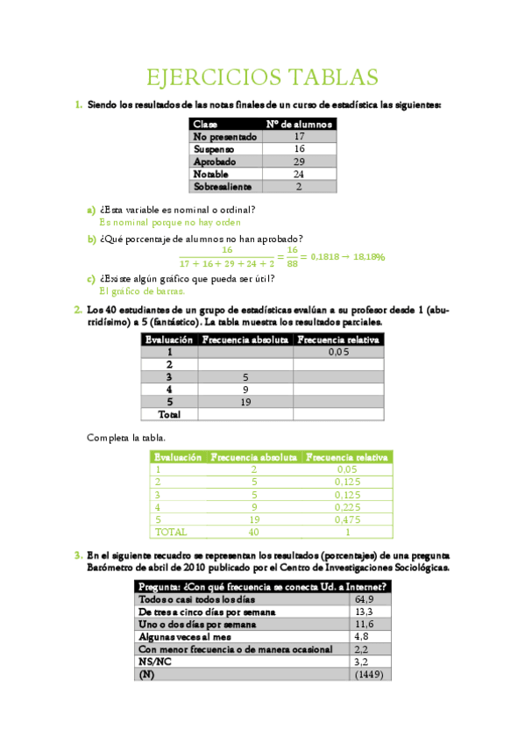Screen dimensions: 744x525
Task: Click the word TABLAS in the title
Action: pos(333,78)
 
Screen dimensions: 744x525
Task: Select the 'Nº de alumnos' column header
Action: pos(299,125)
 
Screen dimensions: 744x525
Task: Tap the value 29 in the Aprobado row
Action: pos(299,162)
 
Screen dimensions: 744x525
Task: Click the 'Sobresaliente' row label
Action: pos(223,187)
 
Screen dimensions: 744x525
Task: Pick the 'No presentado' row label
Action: pos(224,137)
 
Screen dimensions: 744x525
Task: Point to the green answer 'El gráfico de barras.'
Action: pos(142,290)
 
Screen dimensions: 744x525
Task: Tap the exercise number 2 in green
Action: pos(79,310)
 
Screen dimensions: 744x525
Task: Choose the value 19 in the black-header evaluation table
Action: pos(246,401)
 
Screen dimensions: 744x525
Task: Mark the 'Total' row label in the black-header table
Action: pos(168,413)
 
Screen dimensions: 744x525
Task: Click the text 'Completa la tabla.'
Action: pos(125,437)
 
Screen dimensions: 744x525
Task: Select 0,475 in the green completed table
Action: pos(347,519)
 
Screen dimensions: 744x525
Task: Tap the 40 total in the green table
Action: pos(254,531)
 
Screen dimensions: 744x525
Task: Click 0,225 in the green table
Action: pos(347,506)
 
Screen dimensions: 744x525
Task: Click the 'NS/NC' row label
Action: pos(152,662)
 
